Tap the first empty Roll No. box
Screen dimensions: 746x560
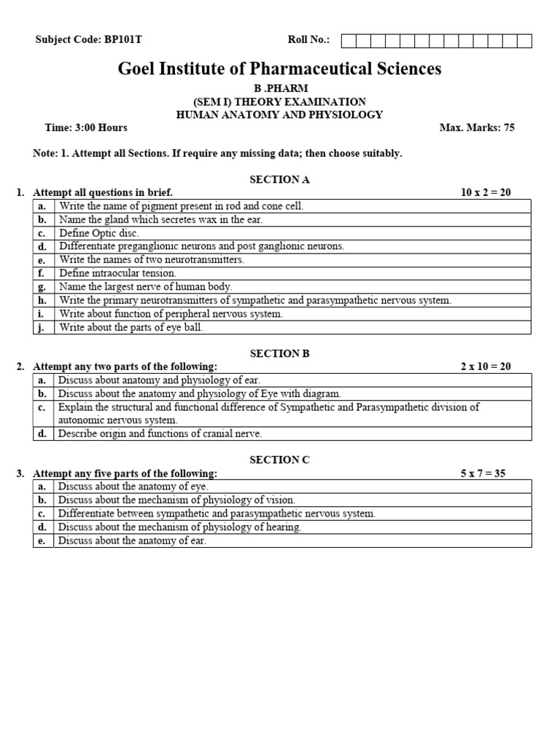348,41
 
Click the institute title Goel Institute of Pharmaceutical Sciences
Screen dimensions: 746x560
279,69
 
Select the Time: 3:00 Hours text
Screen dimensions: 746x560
86,127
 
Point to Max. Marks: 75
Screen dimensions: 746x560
477,127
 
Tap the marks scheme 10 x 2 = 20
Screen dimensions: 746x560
486,192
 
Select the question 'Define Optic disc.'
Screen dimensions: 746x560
99,233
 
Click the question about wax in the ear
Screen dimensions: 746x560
160,219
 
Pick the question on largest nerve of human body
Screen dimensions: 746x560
146,287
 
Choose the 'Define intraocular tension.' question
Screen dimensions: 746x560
117,273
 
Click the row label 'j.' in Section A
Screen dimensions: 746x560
42,327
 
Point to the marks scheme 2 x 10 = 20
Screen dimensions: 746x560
486,366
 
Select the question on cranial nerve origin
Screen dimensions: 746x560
160,433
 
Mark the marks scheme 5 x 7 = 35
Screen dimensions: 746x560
483,473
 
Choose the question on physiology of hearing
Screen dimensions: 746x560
179,527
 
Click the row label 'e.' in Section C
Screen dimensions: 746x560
42,541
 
